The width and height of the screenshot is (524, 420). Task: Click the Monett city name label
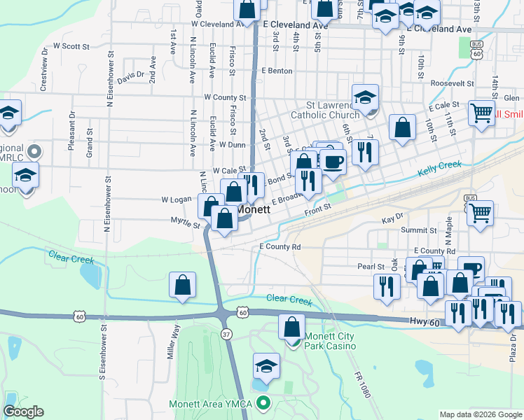click(254, 209)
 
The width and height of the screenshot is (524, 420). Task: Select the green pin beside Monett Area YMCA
click(263, 402)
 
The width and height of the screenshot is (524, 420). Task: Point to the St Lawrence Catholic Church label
click(324, 110)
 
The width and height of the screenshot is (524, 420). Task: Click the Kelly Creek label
click(439, 169)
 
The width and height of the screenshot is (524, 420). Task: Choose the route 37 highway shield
click(226, 335)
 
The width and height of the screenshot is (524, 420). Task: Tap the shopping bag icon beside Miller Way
click(182, 286)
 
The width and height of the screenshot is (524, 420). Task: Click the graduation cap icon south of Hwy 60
click(266, 367)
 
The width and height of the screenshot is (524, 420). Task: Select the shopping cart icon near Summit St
click(480, 213)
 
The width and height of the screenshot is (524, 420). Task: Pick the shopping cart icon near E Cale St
click(481, 113)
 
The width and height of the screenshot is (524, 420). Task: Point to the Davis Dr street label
click(130, 75)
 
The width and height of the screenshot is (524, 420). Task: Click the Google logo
click(24, 412)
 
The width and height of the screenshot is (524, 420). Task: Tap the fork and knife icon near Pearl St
click(387, 285)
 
